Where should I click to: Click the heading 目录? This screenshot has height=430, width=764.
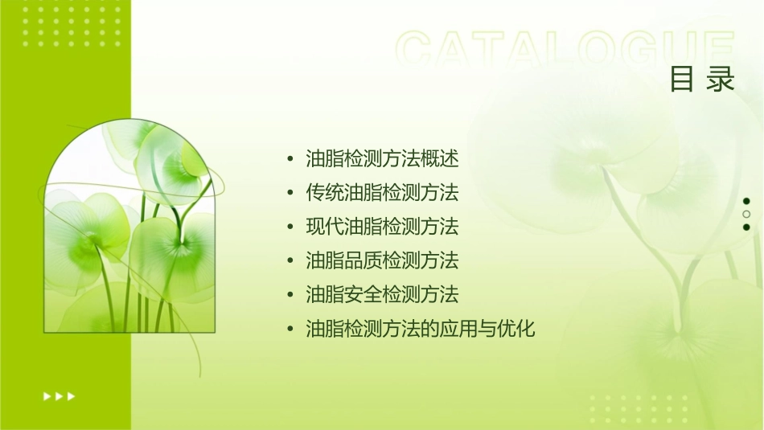[702, 80]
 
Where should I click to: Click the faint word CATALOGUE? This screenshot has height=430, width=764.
[565, 50]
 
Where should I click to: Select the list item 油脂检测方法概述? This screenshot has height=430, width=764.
[382, 159]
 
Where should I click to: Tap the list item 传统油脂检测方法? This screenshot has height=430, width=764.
[382, 193]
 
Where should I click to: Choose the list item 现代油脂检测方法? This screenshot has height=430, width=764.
[382, 227]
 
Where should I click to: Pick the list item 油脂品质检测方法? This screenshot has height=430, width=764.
[382, 260]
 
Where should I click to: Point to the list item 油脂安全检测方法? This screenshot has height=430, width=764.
[382, 295]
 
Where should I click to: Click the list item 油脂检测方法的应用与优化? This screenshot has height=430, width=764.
[420, 329]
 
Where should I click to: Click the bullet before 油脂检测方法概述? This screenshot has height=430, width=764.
[290, 159]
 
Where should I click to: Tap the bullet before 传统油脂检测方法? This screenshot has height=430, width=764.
[290, 193]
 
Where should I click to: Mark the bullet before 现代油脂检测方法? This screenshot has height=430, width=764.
[290, 227]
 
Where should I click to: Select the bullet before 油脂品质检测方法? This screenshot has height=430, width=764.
[290, 261]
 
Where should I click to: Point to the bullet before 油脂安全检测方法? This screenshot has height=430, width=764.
[290, 295]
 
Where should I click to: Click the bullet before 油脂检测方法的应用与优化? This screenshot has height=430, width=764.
[290, 329]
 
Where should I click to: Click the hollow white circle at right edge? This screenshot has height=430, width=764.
[746, 214]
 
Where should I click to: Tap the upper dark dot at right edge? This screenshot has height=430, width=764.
[746, 201]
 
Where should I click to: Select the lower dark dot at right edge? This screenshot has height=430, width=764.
[746, 227]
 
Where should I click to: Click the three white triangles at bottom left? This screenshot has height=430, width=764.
[59, 395]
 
